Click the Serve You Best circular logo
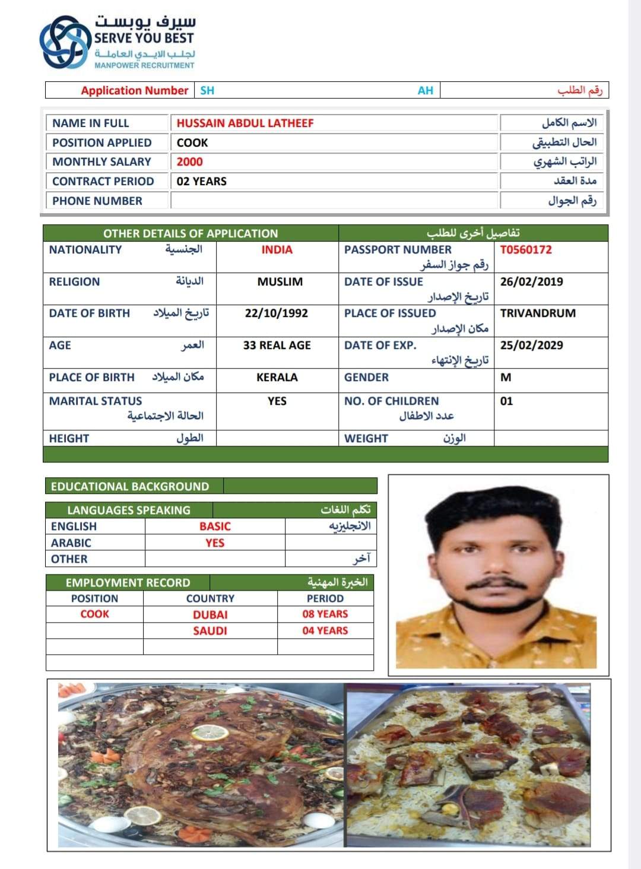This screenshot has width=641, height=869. [65, 42]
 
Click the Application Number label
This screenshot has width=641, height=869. [134, 90]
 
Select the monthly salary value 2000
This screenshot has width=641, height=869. [189, 161]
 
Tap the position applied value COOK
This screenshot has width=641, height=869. [192, 142]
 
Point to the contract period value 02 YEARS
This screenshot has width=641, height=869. [201, 181]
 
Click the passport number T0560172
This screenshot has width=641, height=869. [526, 249]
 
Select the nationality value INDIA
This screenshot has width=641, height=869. [277, 249]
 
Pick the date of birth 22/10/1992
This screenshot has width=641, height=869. [277, 313]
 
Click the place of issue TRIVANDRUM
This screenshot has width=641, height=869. [538, 313]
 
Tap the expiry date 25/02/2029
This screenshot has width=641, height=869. [531, 345]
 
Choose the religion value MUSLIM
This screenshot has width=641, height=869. [280, 281]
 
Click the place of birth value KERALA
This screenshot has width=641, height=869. [277, 377]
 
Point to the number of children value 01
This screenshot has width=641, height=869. [506, 401]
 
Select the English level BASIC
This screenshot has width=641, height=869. [215, 526]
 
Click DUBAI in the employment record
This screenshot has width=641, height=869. [210, 614]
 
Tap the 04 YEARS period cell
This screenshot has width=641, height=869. [325, 630]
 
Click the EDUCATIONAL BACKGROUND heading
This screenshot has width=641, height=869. [130, 486]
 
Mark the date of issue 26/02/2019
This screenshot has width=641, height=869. [531, 281]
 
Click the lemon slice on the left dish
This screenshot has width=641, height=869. [210, 733]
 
